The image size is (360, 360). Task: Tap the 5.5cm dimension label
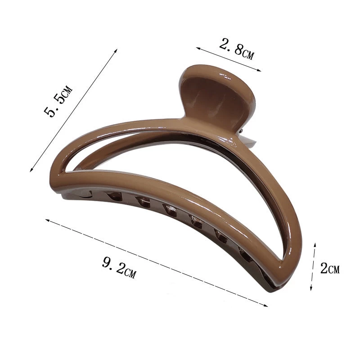(58, 101)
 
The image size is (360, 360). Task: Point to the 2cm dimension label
(330, 268)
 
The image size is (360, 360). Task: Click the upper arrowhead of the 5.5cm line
(116, 50)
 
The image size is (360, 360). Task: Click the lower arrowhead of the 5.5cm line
(31, 170)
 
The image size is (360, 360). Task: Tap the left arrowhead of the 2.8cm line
(198, 48)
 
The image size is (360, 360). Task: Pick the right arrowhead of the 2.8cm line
(259, 71)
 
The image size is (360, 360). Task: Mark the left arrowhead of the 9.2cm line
(47, 220)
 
